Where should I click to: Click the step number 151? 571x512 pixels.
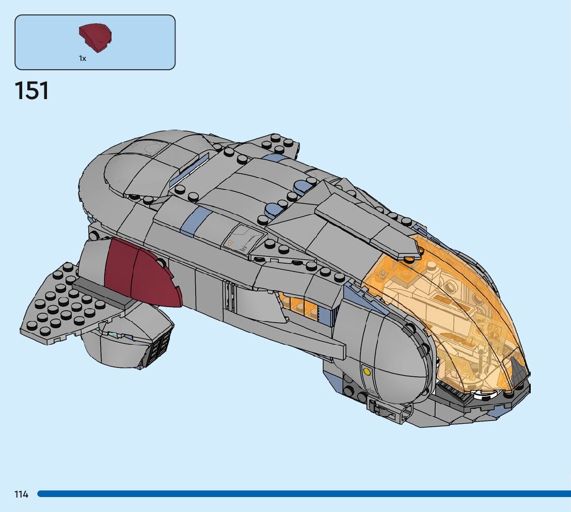point(32,91)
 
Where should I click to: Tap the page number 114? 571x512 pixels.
point(22,494)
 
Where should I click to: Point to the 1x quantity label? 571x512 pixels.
point(83,59)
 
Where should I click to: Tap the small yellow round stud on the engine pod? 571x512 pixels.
point(367,371)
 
